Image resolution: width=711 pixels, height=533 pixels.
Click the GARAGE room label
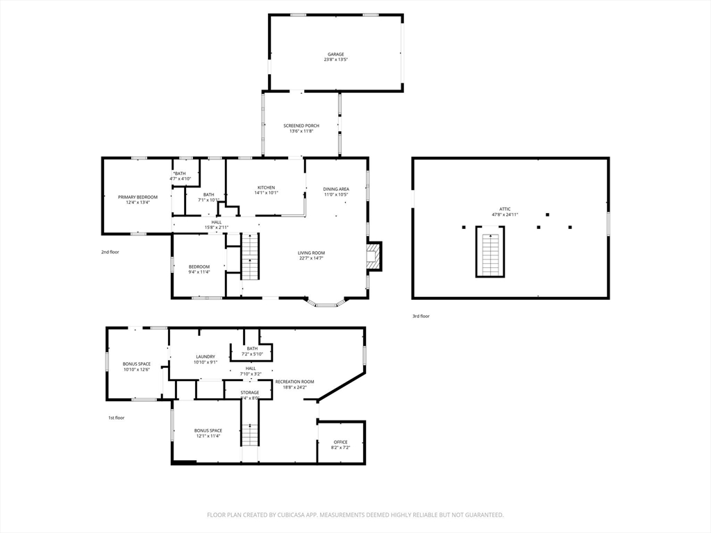click(336, 54)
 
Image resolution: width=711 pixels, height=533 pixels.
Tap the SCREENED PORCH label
click(301, 126)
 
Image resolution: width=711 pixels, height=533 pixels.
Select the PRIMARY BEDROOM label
click(137, 197)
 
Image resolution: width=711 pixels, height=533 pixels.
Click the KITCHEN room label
click(267, 187)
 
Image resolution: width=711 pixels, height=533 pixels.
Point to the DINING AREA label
click(336, 189)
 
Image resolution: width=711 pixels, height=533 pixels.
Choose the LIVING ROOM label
click(312, 253)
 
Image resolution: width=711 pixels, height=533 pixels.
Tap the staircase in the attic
click(490, 252)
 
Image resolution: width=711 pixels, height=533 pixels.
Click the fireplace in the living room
click(374, 256)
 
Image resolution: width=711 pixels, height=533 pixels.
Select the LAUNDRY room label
click(206, 357)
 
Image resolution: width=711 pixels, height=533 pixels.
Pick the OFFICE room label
click(340, 442)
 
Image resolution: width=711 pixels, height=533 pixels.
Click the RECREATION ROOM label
click(294, 382)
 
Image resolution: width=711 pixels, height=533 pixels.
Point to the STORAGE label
click(250, 393)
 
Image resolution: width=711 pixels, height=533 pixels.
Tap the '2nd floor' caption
click(110, 252)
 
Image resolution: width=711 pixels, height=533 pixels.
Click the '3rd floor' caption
click(421, 316)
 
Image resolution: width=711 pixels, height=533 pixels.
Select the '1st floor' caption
click(116, 418)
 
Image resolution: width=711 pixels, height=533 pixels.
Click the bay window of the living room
click(326, 303)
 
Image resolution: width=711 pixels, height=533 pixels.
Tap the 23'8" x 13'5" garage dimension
click(335, 60)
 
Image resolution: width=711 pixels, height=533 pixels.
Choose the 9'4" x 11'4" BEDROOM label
click(199, 266)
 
